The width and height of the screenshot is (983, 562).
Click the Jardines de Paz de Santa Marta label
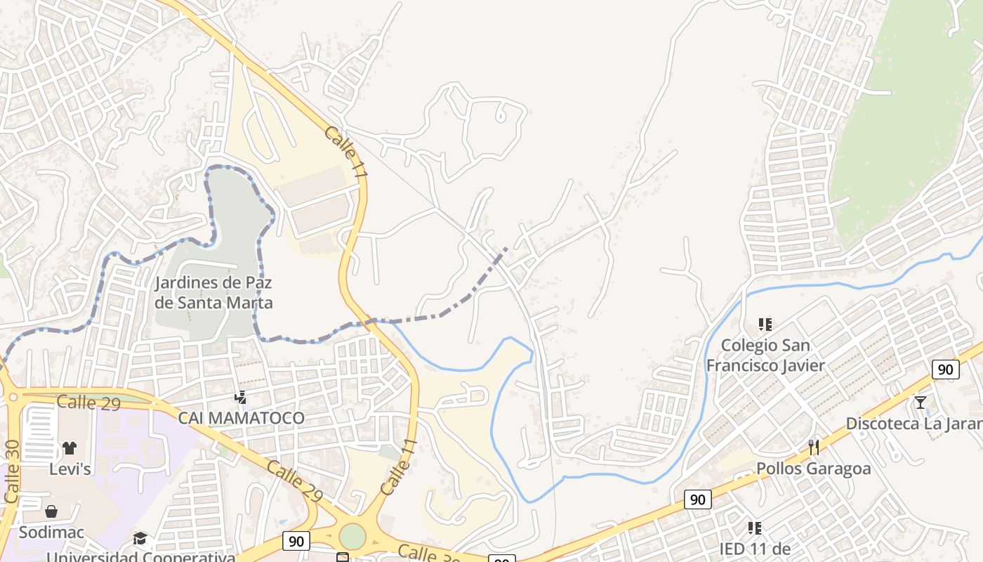[213, 293]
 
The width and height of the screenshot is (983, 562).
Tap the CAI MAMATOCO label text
[241, 418]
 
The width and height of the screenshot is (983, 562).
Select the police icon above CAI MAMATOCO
[241, 398]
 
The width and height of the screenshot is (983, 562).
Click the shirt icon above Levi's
[69, 448]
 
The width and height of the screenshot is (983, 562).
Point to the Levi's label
[70, 469]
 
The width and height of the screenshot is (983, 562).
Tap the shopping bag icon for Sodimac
[51, 511]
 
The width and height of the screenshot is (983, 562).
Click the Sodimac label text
[51, 532]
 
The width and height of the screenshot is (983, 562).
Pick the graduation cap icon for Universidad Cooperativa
[140, 539]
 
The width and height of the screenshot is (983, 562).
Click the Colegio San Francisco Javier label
[765, 355]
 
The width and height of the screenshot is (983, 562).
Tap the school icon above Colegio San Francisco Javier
[765, 325]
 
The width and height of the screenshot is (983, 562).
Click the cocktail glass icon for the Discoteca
[921, 403]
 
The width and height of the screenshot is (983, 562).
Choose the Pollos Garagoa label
[813, 469]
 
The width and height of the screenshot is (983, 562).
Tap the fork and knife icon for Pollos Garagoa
[814, 447]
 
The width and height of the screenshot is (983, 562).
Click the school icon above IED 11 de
[755, 528]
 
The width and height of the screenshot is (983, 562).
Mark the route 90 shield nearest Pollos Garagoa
[697, 499]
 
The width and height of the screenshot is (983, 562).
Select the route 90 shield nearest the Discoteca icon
[946, 370]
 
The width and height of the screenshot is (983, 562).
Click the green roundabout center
[352, 536]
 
